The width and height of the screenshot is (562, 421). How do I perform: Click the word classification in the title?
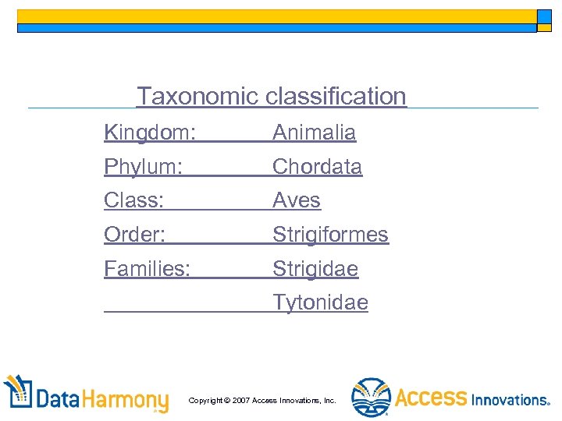[x=336, y=97]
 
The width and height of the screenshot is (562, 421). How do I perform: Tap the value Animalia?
[x=314, y=133]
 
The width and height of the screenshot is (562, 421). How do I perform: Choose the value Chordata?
[x=317, y=167]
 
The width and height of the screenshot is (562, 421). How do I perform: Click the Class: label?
[x=134, y=201]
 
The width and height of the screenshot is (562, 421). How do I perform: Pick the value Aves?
[x=297, y=201]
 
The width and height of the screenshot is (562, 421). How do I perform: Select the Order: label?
[x=135, y=235]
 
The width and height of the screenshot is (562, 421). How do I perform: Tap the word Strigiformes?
[x=330, y=235]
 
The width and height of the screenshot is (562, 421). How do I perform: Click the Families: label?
[x=148, y=269]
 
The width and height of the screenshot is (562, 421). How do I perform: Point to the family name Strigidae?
[x=315, y=269]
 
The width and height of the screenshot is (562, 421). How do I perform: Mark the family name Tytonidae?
[x=320, y=302]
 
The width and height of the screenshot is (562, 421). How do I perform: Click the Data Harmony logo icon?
[x=18, y=394]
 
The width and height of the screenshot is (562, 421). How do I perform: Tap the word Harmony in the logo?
[x=125, y=401]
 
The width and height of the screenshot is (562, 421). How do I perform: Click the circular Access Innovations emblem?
[x=370, y=398]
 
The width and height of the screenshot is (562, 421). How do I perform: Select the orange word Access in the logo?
[x=431, y=398]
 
